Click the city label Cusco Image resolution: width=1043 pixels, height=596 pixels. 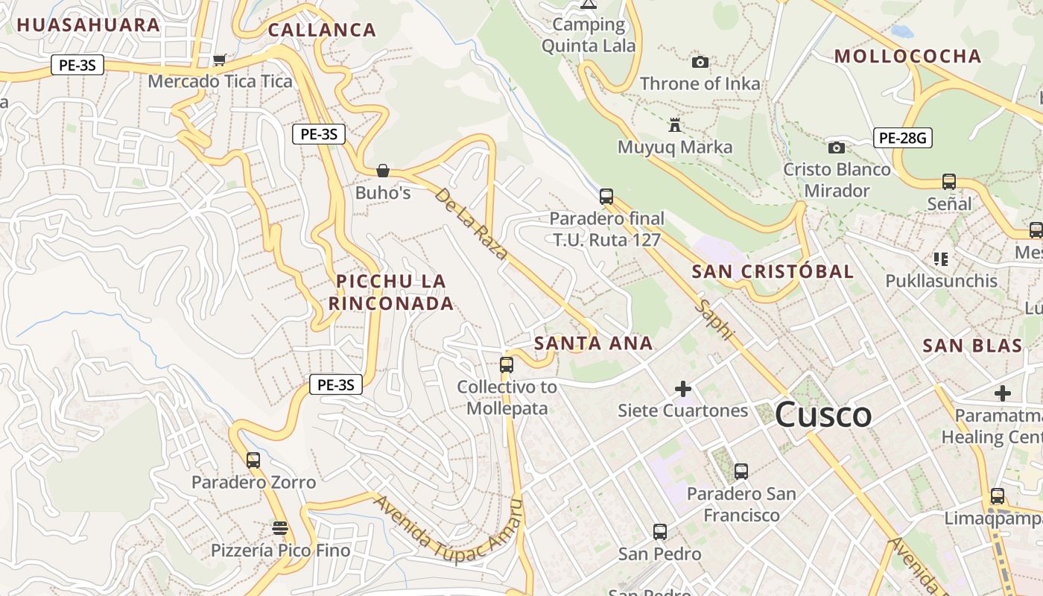pos(823,414)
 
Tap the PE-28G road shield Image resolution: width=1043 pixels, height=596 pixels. pos(902,138)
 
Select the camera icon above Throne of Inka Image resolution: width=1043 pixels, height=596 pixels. pos(700,62)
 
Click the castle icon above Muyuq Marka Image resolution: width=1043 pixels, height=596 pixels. pos(676,124)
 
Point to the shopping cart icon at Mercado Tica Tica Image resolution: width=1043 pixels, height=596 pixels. pos(220,60)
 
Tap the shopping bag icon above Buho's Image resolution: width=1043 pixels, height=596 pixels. pos(383,171)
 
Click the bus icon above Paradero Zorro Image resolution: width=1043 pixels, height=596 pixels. pos(253,460)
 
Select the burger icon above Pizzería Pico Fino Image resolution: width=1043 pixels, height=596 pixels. pos(280,528)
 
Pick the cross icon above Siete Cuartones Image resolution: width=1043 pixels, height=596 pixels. pos(682,388)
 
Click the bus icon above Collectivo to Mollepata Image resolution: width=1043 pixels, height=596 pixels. pos(507,364)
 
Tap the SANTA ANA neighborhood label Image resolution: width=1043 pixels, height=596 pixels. pos(594,343)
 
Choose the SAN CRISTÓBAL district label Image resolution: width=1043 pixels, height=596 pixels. pos(773,271)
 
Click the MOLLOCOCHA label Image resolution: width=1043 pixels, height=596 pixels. pos(907,56)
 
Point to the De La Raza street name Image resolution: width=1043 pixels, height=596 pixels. pos(471,223)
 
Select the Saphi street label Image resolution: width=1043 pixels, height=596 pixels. pos(714,320)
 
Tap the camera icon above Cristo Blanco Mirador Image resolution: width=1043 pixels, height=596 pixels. pos(837,148)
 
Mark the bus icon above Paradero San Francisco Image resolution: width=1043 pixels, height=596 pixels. pos(741,471)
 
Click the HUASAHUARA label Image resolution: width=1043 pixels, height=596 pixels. pos(89,25)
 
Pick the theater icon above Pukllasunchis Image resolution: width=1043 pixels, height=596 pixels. pos(941,259)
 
